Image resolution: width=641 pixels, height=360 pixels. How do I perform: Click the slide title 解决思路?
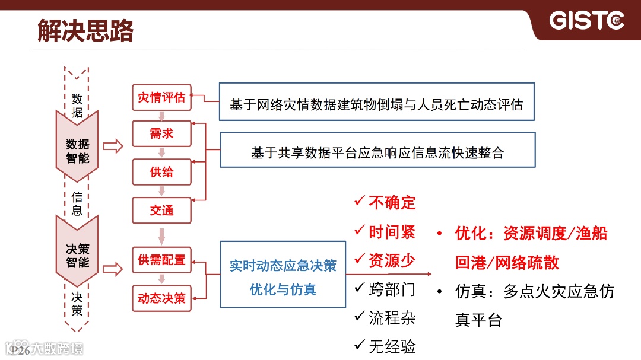[85, 31]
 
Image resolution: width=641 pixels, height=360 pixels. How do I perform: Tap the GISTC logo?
[586, 21]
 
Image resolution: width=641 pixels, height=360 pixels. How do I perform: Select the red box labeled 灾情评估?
[161, 98]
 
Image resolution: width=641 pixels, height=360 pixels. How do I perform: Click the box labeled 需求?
[161, 134]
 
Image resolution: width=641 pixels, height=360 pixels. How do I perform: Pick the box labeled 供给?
[161, 173]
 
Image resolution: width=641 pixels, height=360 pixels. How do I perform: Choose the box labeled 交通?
[161, 211]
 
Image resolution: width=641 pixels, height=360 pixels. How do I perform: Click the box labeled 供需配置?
[161, 260]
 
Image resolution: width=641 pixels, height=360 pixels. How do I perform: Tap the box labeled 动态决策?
[161, 298]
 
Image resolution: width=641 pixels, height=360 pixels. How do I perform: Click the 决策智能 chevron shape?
[77, 255]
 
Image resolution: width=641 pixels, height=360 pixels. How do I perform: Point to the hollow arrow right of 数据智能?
[113, 146]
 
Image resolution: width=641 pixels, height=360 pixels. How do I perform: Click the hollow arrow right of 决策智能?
[113, 269]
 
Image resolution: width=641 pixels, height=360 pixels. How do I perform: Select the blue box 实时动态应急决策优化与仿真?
[283, 275]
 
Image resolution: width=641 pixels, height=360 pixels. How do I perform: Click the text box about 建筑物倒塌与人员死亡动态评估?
[377, 105]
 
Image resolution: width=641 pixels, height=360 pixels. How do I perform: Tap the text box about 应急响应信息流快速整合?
[377, 153]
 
